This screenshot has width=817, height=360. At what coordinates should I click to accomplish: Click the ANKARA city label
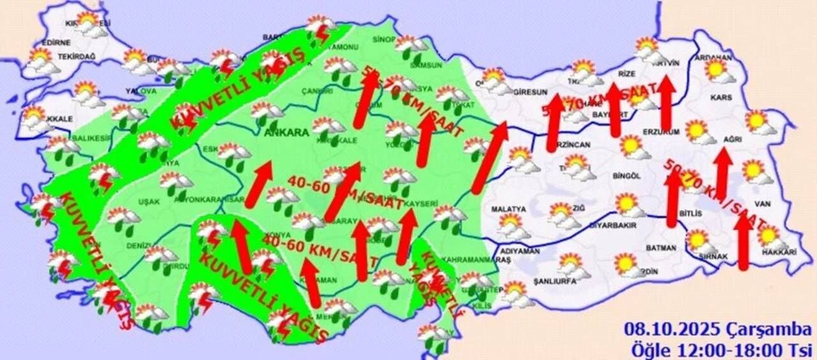tap(287, 133)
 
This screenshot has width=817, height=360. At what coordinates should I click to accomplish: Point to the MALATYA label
tap(509, 209)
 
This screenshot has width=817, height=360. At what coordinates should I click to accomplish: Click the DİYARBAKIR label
tap(613, 225)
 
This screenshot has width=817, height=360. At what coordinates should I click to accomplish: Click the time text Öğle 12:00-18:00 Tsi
tap(721, 349)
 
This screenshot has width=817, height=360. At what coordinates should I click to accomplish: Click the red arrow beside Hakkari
tap(742, 243)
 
